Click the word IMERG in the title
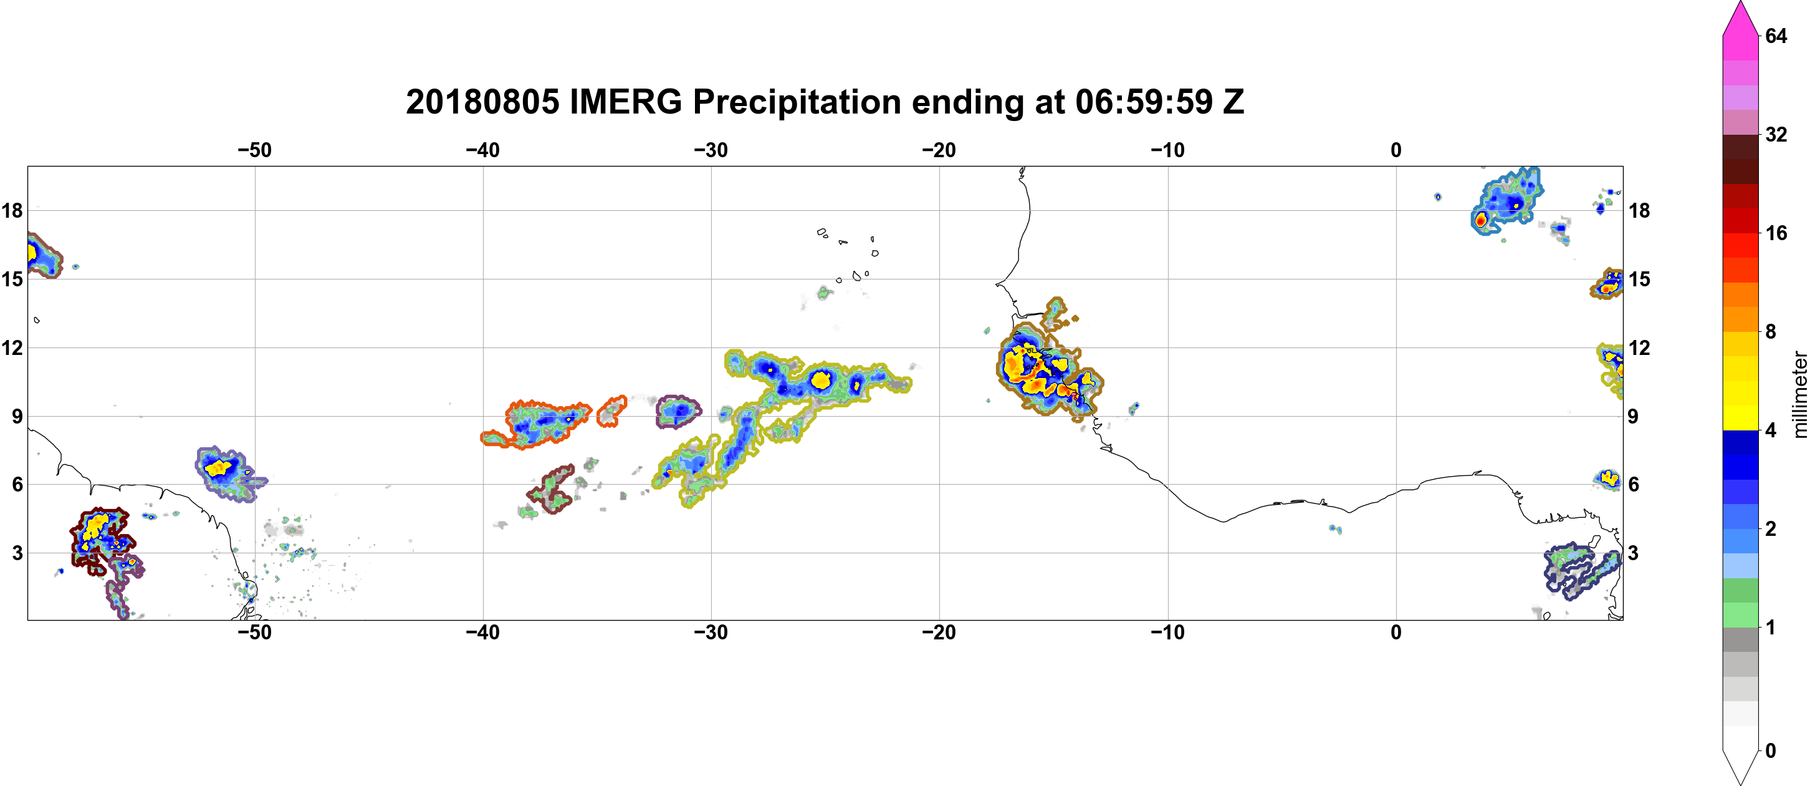[x=625, y=102]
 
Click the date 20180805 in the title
[x=482, y=102]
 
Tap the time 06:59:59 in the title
[x=1144, y=102]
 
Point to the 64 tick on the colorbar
[x=1776, y=36]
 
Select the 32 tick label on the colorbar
[x=1776, y=134]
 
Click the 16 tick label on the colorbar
[x=1776, y=233]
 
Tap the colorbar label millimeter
[x=1799, y=395]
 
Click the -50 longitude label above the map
[x=254, y=150]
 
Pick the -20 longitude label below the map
[x=939, y=632]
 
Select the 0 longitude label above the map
[x=1396, y=150]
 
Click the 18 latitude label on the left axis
[x=12, y=210]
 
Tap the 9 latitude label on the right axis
[x=1634, y=416]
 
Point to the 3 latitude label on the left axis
[x=17, y=553]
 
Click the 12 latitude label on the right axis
[x=1639, y=347]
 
